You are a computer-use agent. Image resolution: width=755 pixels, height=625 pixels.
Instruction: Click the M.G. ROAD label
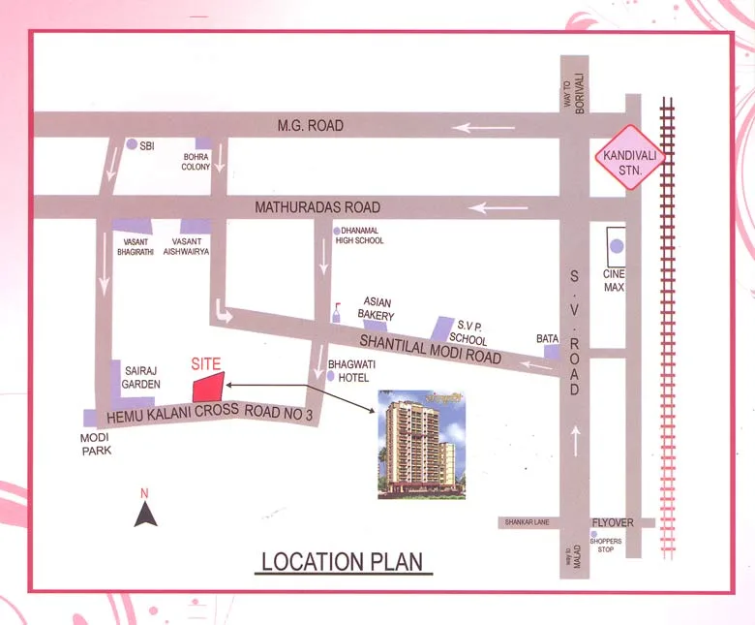310,126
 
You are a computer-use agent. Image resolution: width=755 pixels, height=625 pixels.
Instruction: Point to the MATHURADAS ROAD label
317,207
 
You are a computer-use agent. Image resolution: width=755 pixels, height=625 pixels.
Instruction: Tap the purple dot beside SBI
132,144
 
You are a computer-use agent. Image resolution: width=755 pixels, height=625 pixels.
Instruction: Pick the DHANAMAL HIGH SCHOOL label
359,235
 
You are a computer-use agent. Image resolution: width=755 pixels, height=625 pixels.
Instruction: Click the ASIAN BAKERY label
377,309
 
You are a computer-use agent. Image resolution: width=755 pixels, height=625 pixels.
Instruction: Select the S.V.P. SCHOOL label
469,333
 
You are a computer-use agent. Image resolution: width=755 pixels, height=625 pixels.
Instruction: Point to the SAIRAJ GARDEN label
141,377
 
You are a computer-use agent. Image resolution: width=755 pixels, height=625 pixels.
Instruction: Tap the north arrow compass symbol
145,510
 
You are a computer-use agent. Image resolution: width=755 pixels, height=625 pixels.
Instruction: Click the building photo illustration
421,444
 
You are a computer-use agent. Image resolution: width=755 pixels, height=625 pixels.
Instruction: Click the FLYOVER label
613,521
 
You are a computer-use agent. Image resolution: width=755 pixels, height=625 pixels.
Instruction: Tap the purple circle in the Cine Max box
617,246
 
